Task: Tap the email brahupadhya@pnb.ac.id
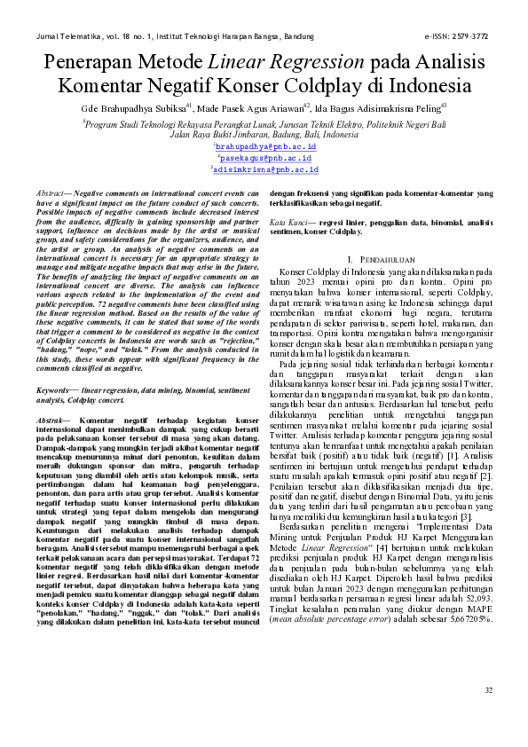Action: click(x=264, y=144)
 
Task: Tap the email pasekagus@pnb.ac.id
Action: click(x=264, y=156)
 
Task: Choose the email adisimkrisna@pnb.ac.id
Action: click(x=264, y=169)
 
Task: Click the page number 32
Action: click(x=488, y=715)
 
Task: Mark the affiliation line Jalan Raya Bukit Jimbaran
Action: click(x=264, y=134)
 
